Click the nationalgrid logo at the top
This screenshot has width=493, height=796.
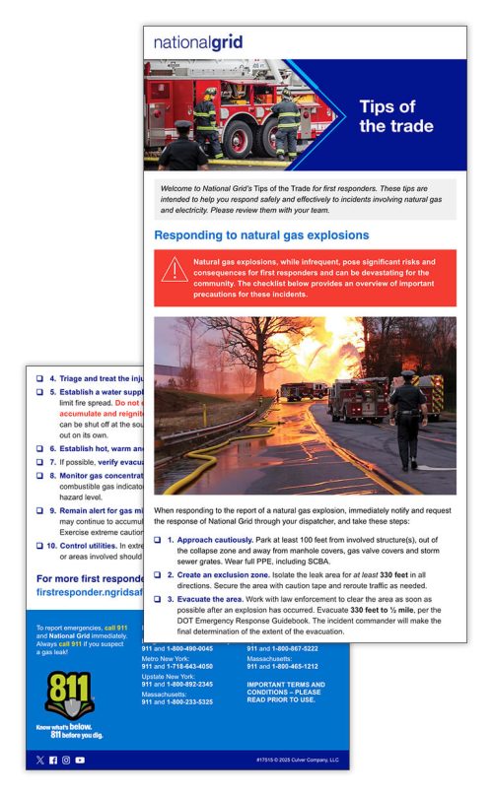click(x=198, y=42)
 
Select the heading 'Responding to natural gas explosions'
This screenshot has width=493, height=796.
click(x=261, y=235)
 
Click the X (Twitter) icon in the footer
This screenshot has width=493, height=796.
click(x=39, y=761)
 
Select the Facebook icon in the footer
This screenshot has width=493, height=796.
click(x=53, y=761)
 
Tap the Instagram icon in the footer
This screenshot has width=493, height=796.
click(x=66, y=761)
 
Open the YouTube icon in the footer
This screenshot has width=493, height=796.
click(x=80, y=761)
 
